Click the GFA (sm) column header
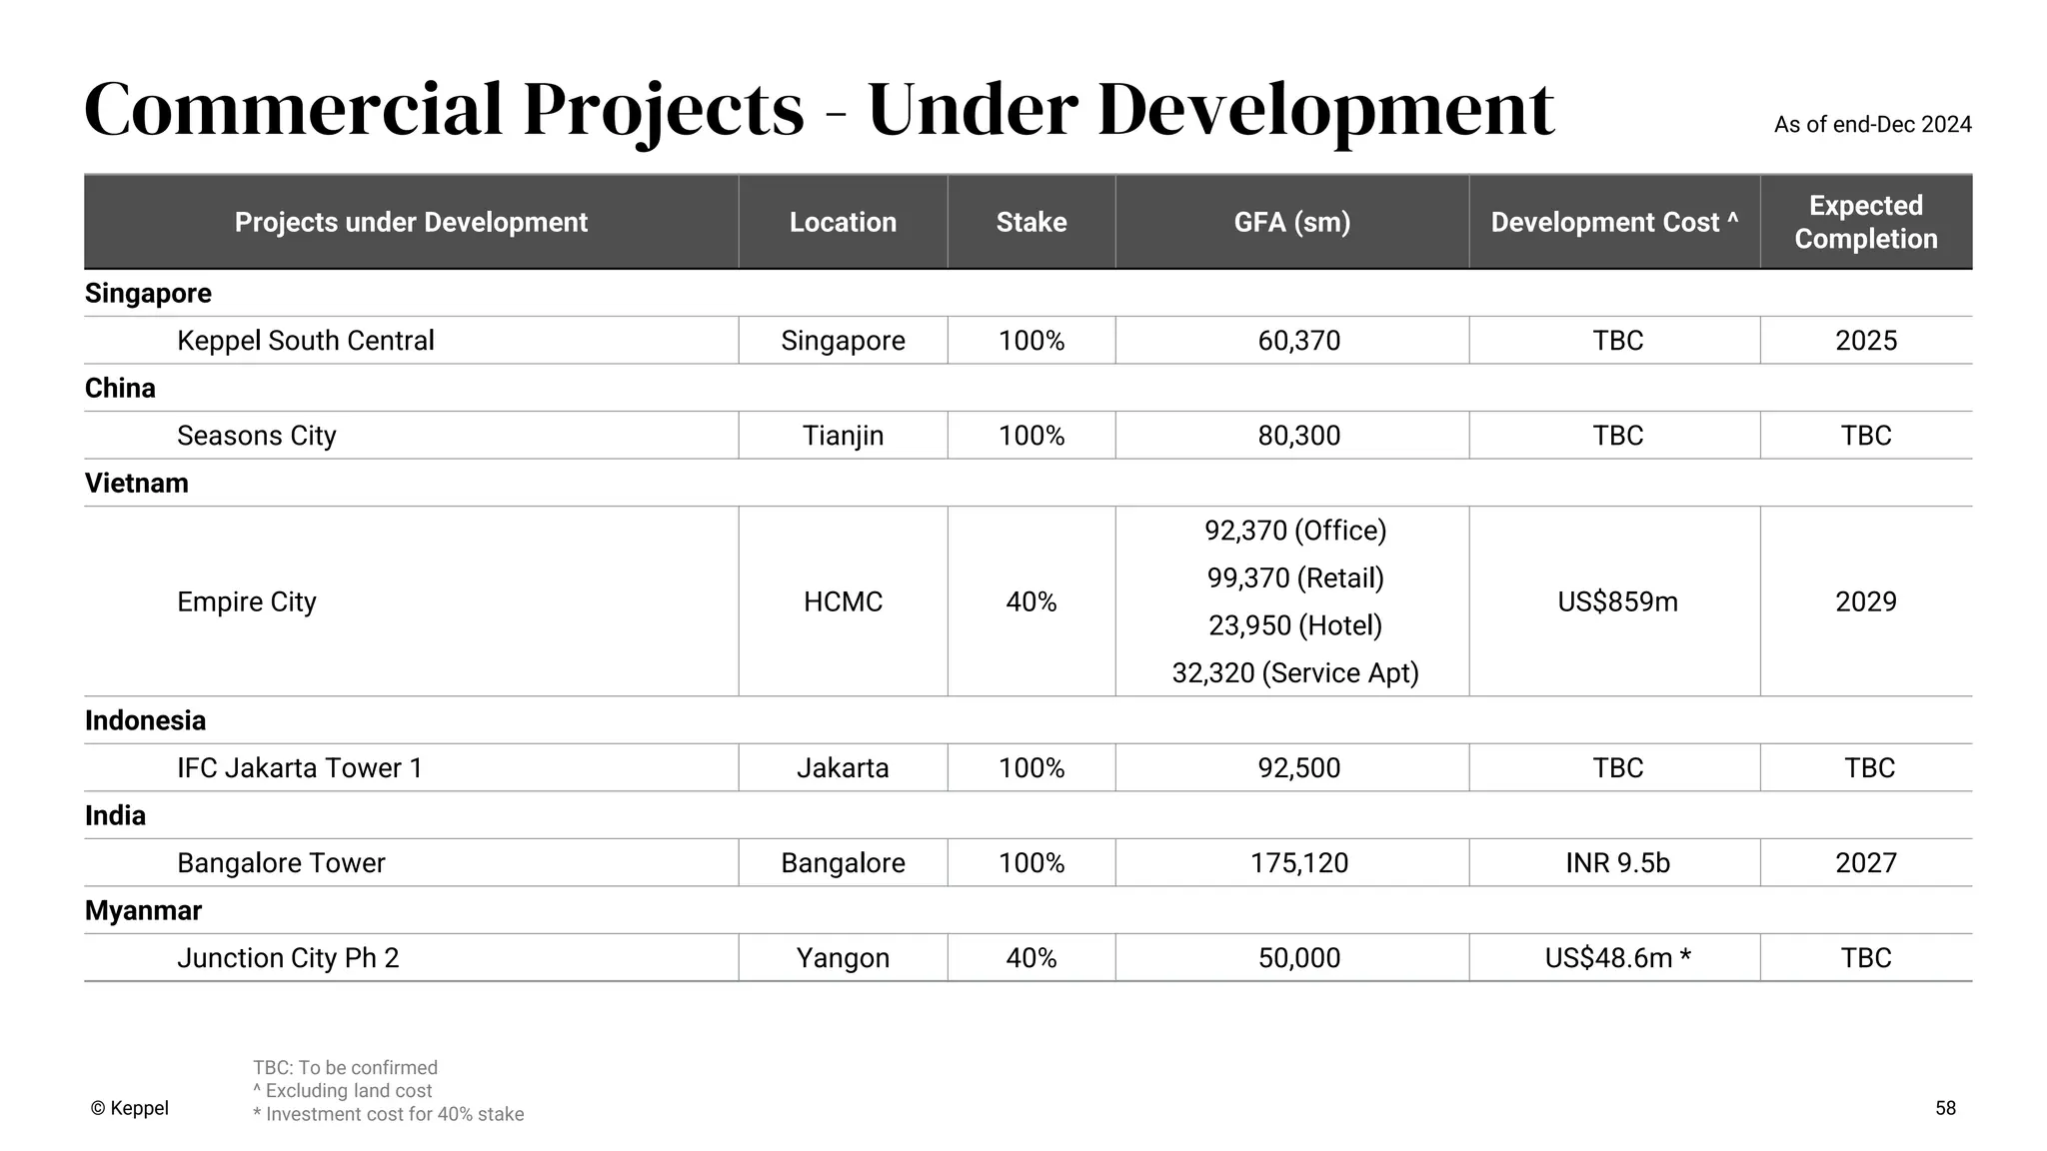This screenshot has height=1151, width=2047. (x=1291, y=222)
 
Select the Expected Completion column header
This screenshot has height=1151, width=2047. (x=1865, y=222)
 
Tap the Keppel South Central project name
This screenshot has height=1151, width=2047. (x=305, y=341)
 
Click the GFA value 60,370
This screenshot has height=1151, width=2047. (x=1298, y=341)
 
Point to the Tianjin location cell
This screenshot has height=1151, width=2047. (x=843, y=436)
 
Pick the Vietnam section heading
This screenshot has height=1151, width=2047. (x=137, y=483)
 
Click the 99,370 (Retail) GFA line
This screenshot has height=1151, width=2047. (x=1295, y=577)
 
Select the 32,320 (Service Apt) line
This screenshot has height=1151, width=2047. (x=1295, y=672)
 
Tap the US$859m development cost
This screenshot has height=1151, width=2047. (x=1617, y=601)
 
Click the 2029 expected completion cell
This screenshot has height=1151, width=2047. (x=1865, y=601)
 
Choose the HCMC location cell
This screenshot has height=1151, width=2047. (x=843, y=601)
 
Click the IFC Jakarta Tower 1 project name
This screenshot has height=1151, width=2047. (x=299, y=767)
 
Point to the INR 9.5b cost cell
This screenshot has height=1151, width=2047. (x=1617, y=862)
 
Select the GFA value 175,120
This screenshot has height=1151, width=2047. (x=1298, y=862)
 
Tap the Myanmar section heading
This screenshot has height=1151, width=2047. (x=143, y=910)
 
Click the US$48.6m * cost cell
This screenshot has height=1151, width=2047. (x=1617, y=957)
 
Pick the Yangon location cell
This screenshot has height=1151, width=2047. (x=843, y=957)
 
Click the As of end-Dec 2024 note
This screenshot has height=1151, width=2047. (x=1872, y=125)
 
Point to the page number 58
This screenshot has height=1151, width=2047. (x=1945, y=1108)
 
